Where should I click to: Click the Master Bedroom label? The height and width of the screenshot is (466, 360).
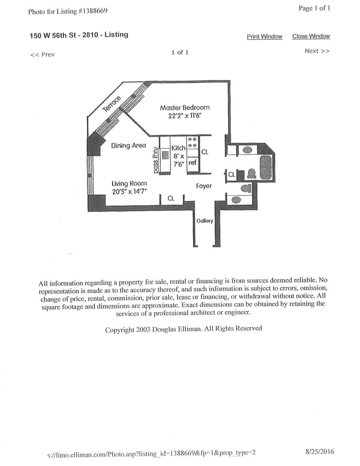pos(184,108)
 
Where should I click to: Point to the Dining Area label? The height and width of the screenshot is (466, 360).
pos(128,146)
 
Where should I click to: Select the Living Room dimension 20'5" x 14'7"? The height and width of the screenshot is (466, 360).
pos(129,192)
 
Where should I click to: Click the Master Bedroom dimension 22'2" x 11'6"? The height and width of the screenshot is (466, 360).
pos(184,116)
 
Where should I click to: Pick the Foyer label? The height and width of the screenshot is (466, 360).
pos(204,186)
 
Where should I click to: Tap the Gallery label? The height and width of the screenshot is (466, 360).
pos(204,221)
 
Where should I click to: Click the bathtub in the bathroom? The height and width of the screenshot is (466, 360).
pos(266,168)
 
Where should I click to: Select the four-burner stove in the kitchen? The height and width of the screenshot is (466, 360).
pos(192,143)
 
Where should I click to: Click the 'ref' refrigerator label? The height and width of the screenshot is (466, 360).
pos(192,163)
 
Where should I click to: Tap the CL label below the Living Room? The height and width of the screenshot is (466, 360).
pos(171,198)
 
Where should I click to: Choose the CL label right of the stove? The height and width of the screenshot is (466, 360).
pos(204,152)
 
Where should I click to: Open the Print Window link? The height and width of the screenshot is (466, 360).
pos(264,37)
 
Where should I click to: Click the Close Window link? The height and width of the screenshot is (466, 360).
pos(311,36)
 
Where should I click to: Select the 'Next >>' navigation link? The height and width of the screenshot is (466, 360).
pos(317,51)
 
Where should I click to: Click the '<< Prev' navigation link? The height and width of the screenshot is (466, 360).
pos(42,54)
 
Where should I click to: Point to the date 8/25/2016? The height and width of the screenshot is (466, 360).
pos(319,452)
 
